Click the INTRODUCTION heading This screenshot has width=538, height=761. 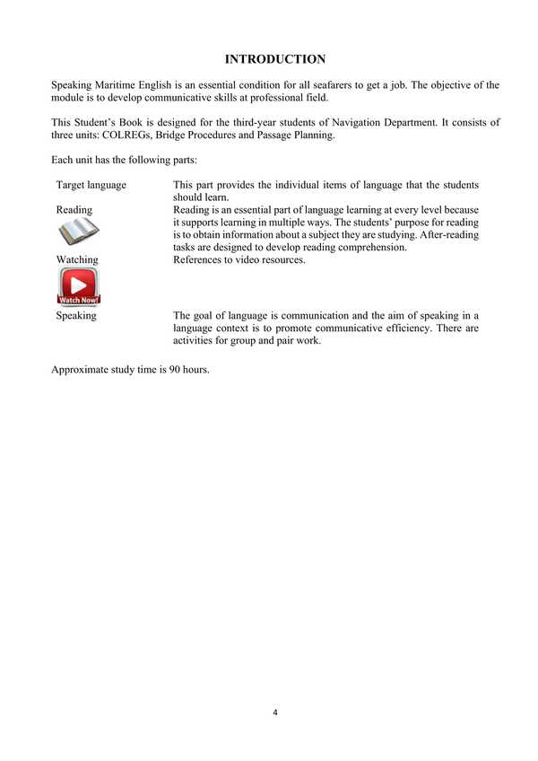(275, 59)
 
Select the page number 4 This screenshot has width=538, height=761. (275, 713)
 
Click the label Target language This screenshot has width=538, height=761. (91, 185)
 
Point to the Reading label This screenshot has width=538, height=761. (74, 210)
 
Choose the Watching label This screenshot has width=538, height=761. (77, 260)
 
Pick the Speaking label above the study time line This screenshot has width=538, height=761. (76, 316)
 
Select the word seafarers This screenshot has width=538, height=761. (318, 84)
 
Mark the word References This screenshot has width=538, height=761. (198, 260)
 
